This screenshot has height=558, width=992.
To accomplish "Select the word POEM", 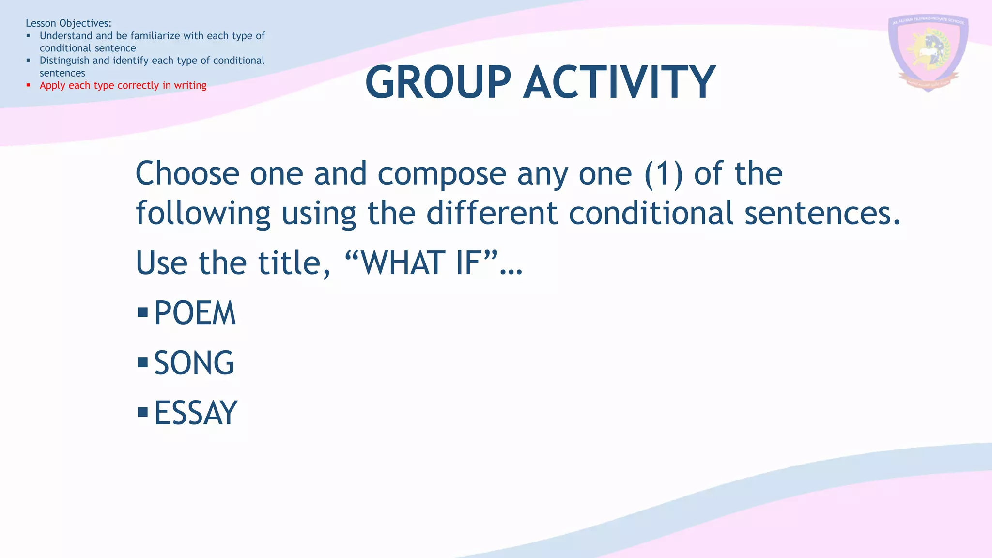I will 195,313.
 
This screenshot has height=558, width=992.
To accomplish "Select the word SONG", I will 194,363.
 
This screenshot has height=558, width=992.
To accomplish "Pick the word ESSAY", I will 196,413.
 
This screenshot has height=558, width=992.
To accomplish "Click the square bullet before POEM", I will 142,312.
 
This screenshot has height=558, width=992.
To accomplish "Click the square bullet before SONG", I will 142,362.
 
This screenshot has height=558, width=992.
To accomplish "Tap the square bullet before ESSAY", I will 142,412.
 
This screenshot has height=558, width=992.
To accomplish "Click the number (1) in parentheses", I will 663,174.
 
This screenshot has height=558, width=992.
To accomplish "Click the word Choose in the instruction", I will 187,174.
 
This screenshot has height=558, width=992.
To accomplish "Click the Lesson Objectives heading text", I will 68,23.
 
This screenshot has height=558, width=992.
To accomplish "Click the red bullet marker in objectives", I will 28,85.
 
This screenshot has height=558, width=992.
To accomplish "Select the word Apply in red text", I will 52,86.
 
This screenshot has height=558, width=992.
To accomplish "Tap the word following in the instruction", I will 203,214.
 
